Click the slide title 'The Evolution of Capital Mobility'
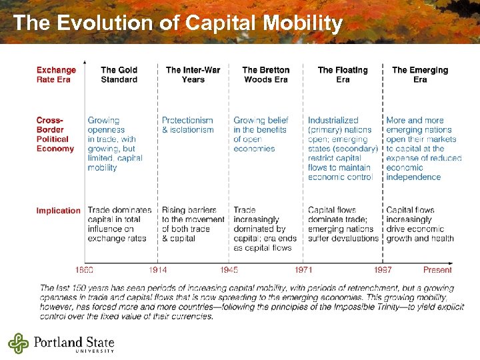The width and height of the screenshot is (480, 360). click(177, 23)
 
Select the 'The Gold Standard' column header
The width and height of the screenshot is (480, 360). click(119, 75)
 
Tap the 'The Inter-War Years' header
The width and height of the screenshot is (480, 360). click(193, 75)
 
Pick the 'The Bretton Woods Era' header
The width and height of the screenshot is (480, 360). click(265, 75)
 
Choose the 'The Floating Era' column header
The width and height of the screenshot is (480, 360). click(343, 75)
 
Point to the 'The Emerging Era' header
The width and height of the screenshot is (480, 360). click(419, 75)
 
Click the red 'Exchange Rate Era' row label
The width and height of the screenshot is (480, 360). click(56, 75)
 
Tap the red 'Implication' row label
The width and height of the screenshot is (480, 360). click(58, 211)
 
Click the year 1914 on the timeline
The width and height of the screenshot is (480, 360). click(158, 270)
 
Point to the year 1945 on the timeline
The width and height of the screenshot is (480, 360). click(229, 270)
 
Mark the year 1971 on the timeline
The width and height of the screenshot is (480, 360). click(304, 270)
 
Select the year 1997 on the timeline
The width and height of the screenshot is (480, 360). click(383, 270)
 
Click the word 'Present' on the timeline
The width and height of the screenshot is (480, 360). click(437, 270)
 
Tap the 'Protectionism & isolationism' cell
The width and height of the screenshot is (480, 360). click(187, 125)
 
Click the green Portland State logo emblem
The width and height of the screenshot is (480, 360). click(19, 343)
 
